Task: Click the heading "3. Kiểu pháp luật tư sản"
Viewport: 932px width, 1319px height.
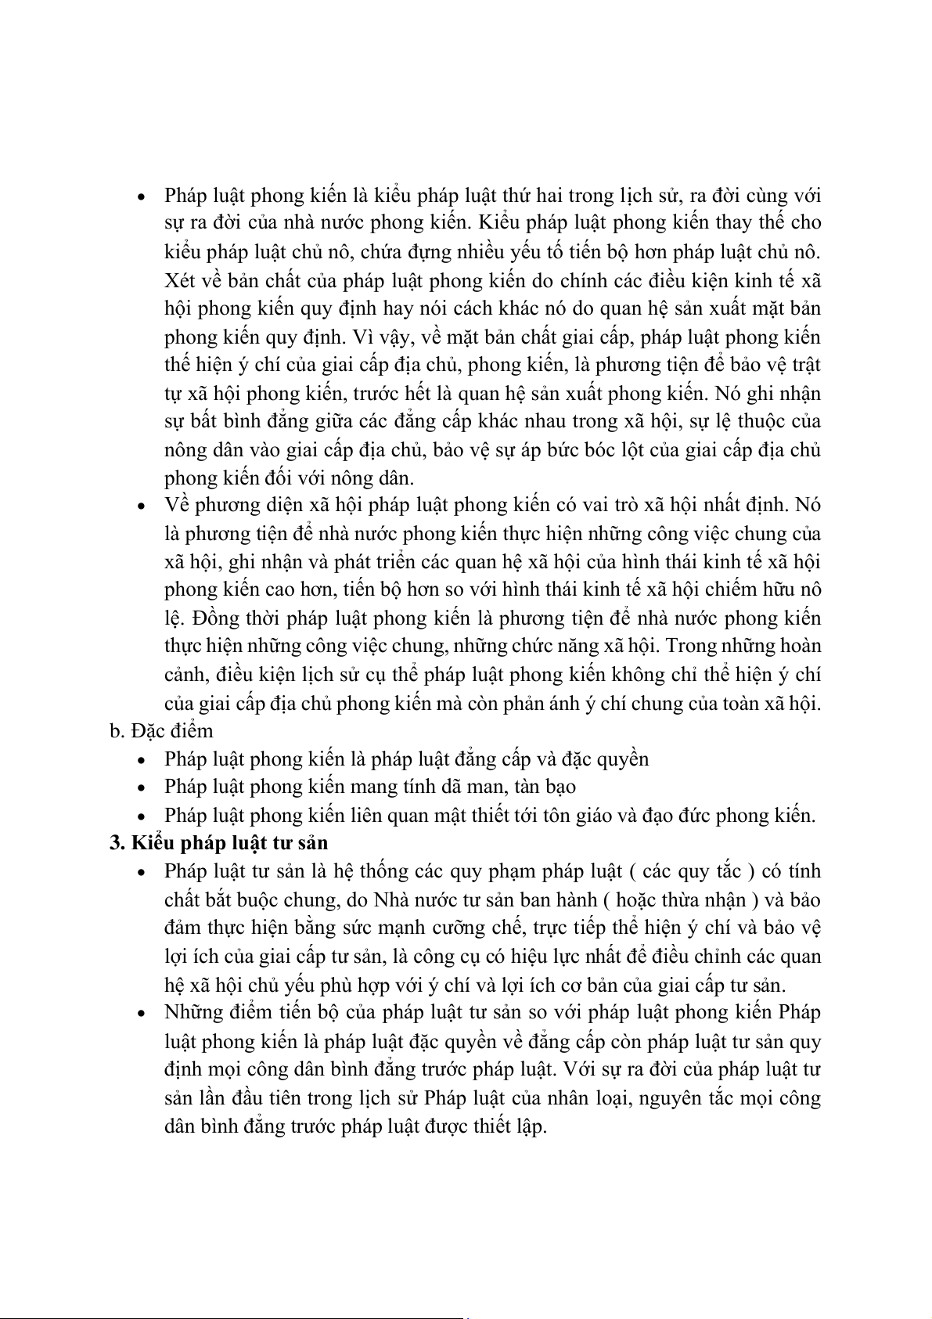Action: point(218,843)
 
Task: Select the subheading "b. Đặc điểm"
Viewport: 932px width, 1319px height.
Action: point(161,730)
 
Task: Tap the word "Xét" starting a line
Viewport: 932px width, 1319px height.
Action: point(179,279)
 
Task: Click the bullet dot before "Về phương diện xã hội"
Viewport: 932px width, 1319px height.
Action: point(141,506)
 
